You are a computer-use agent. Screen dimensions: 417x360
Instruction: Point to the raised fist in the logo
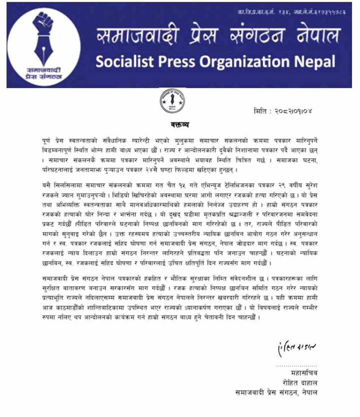tap(42, 22)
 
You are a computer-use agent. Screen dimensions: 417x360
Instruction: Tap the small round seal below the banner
tap(172, 101)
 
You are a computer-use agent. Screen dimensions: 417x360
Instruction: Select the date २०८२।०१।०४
tap(293, 111)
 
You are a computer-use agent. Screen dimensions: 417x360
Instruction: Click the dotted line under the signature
tap(297, 366)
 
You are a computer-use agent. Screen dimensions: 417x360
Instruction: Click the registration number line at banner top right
tap(292, 12)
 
